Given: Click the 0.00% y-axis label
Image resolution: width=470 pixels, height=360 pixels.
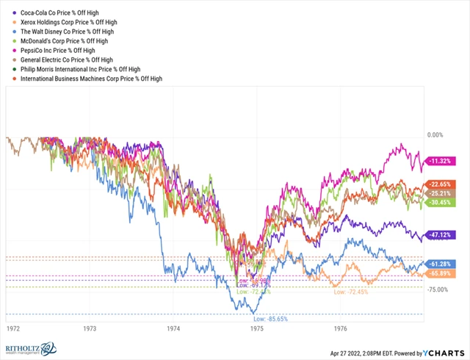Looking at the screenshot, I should (x=436, y=135).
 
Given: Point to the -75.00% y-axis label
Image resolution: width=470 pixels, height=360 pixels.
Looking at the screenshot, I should (x=438, y=289).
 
